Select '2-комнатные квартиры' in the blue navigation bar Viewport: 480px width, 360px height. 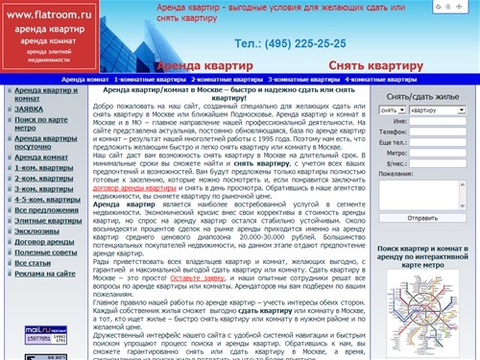227,79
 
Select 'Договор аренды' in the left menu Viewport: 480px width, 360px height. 43,245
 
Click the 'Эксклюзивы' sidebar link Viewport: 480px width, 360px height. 39,232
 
